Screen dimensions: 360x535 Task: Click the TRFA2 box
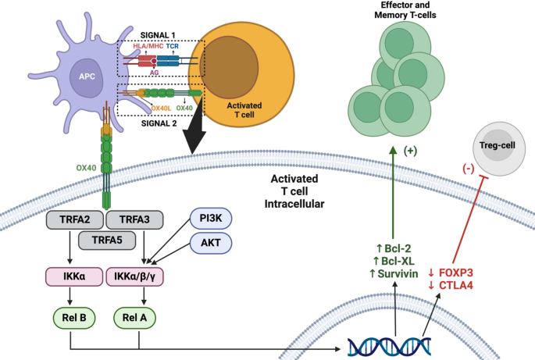pos(72,221)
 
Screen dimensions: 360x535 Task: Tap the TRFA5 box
pos(104,241)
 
